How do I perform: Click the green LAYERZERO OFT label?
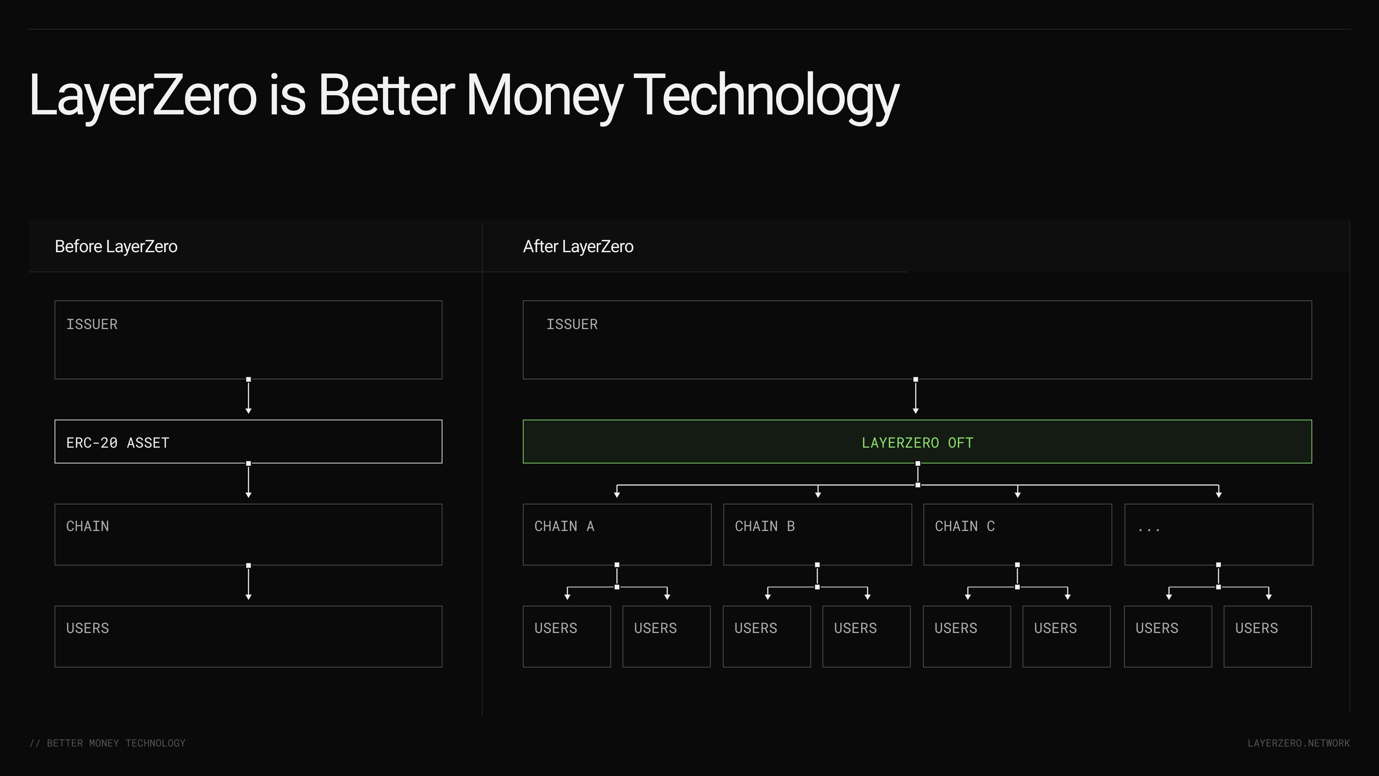917,443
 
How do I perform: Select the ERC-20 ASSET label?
118,443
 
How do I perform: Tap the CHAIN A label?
564,526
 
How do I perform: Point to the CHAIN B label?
765,526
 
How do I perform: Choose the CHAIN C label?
965,526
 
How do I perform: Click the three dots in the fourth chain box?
1149,530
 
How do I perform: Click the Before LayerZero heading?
116,246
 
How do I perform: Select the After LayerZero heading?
578,246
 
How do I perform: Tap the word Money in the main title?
545,96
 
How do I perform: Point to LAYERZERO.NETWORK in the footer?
1299,743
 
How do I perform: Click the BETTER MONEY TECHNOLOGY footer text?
116,743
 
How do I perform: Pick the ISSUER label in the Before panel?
92,324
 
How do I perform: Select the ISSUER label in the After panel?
572,324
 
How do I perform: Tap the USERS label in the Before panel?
87,628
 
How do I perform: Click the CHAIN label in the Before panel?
87,526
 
